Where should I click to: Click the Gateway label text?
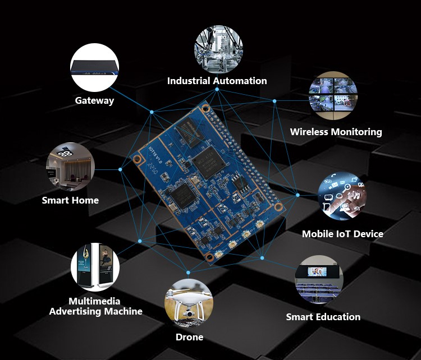(94, 100)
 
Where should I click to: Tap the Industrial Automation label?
(217, 81)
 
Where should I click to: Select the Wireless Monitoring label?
(336, 132)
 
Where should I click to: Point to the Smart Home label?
(70, 200)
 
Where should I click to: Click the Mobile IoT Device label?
(342, 234)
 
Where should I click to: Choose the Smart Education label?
(323, 317)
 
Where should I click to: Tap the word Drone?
(189, 337)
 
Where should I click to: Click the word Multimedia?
(94, 301)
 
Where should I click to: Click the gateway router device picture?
(94, 68)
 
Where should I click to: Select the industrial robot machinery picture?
(218, 49)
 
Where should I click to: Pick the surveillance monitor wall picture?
(333, 95)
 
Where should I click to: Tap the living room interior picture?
(70, 167)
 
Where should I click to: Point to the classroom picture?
(319, 279)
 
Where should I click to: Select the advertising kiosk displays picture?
(95, 267)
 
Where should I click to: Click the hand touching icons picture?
(342, 196)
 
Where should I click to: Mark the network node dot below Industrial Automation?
(217, 89)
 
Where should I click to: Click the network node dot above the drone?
(188, 273)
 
